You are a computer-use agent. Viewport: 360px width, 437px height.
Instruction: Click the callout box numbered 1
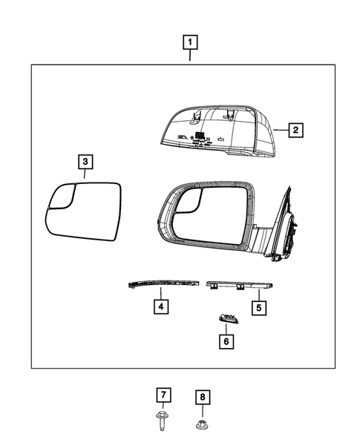191,42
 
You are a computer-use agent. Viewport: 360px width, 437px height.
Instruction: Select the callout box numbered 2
295,131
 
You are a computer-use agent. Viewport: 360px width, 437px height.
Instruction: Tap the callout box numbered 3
85,161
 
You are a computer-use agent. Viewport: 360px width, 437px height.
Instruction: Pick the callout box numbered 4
160,304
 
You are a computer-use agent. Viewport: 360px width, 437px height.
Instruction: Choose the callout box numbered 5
258,306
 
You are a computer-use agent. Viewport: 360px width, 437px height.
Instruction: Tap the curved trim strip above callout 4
161,284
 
